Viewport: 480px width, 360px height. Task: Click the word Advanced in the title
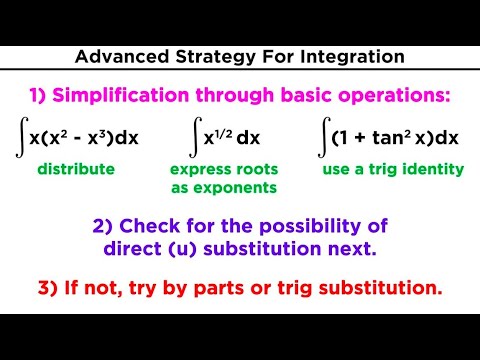(x=117, y=57)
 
